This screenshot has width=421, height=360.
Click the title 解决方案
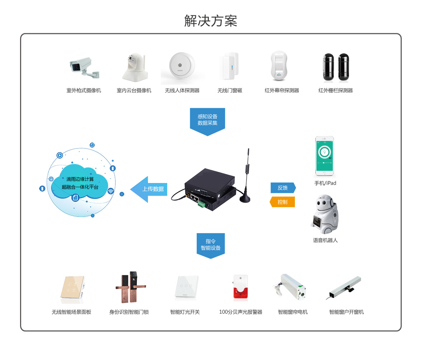[210, 21]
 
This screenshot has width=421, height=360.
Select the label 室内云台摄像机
[134, 91]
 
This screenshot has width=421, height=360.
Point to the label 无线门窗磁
[230, 91]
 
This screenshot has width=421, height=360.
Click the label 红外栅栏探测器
[335, 91]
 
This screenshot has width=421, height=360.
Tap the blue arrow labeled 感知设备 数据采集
[207, 120]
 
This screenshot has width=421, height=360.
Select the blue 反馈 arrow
[283, 188]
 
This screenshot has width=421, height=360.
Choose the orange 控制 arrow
[282, 202]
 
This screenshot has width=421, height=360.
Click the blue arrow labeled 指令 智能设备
[211, 245]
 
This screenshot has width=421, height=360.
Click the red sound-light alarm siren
[241, 287]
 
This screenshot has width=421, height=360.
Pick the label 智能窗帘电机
[293, 312]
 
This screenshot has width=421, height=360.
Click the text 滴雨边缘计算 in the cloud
[80, 179]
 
